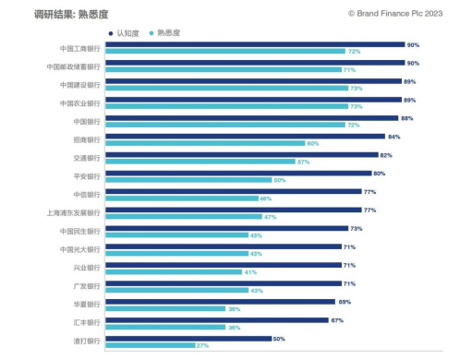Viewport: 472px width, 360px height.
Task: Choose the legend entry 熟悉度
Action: point(167,32)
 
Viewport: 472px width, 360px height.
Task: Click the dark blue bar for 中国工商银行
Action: point(256,44)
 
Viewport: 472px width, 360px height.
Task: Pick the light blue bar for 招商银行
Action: point(206,143)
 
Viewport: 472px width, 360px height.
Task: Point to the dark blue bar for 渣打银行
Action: point(188,339)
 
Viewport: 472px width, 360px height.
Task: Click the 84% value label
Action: point(393,137)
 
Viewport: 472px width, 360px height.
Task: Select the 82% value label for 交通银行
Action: point(386,155)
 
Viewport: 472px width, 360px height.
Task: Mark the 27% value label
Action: point(201,345)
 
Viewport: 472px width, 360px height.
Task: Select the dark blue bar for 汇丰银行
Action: point(218,320)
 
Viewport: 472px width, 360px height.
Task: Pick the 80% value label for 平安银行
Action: point(379,174)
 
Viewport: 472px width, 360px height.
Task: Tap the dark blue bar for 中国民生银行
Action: point(228,228)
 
